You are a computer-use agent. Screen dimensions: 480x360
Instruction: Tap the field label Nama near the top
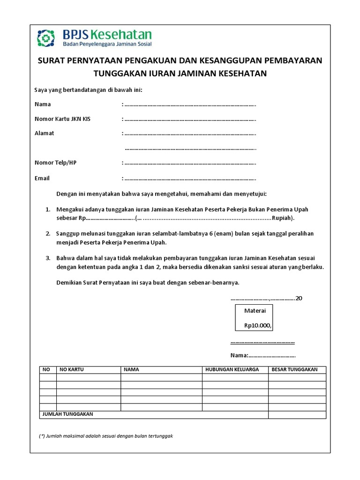[43, 104]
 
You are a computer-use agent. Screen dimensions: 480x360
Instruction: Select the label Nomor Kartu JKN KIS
[62, 119]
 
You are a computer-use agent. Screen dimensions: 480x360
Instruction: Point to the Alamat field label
[44, 133]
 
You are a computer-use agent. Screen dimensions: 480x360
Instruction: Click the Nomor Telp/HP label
[55, 163]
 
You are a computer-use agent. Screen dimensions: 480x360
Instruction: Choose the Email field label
[42, 178]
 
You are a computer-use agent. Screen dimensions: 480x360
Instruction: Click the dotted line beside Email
[190, 179]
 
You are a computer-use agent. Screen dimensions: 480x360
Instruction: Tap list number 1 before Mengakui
[48, 209]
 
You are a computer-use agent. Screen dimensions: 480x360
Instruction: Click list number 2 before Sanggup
[48, 233]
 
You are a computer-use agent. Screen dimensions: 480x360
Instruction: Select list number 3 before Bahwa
[48, 258]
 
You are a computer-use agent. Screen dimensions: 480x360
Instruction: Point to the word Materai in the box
[255, 311]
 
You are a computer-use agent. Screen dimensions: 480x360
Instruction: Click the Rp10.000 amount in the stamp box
[257, 325]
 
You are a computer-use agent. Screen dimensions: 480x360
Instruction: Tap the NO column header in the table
[46, 369]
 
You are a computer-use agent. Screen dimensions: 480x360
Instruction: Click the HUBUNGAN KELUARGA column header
[232, 369]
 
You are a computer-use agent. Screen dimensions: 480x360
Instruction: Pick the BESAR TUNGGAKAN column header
[294, 369]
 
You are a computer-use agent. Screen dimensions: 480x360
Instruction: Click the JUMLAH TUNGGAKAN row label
[68, 414]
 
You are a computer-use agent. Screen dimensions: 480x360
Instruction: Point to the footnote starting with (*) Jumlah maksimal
[106, 436]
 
